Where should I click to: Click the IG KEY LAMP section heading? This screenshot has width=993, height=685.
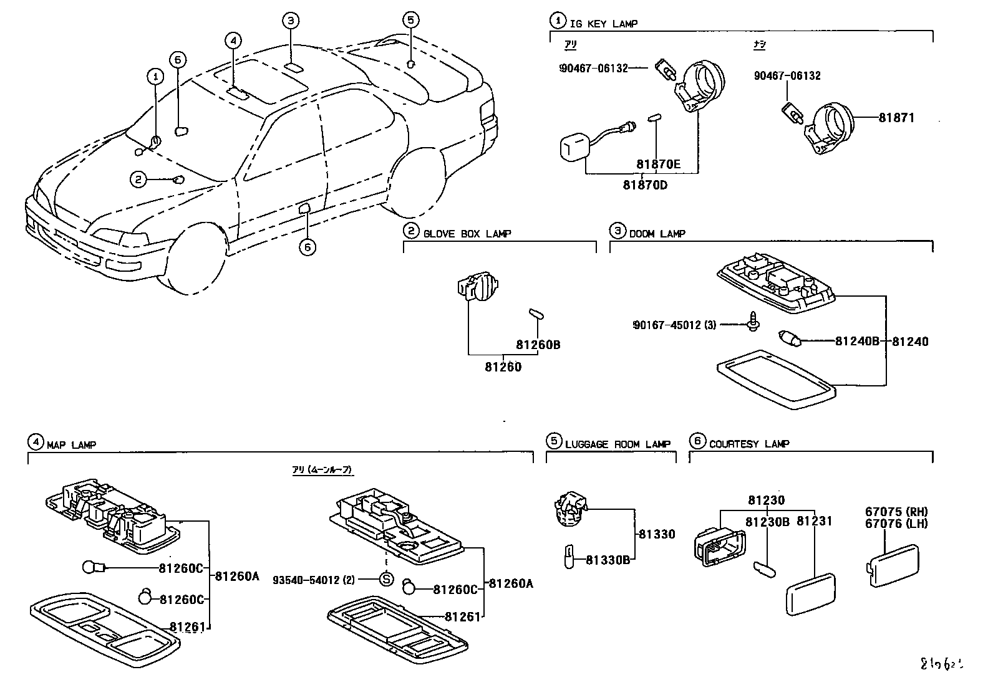click(603, 24)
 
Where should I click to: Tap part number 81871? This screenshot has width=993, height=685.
click(896, 117)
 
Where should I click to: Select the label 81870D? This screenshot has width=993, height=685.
click(644, 184)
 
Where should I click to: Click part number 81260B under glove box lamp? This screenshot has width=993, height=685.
click(538, 344)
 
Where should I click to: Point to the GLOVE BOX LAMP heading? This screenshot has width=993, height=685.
click(467, 234)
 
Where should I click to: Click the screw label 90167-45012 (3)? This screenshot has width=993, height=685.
click(674, 325)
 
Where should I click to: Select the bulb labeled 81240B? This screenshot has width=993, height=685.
click(788, 340)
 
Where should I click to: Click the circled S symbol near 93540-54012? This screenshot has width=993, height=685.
click(387, 580)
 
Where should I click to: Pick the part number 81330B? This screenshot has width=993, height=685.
click(608, 560)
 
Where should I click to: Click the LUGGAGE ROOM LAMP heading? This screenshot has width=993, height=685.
click(618, 444)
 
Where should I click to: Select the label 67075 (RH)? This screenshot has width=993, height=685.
click(896, 512)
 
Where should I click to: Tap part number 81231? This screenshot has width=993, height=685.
click(815, 520)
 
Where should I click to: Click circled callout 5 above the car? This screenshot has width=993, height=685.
click(409, 21)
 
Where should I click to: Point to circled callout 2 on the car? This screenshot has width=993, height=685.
click(137, 180)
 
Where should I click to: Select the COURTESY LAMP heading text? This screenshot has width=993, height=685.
click(748, 444)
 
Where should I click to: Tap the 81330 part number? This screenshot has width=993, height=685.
click(656, 534)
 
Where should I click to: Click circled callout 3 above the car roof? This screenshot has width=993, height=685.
click(290, 21)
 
